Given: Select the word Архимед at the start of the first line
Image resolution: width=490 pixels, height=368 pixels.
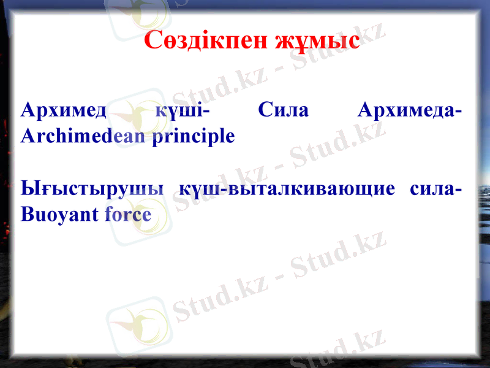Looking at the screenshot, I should coord(64,111).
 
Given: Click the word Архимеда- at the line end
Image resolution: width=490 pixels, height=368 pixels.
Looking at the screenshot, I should coord(410,111).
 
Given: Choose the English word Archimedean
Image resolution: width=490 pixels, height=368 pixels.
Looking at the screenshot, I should coord(82,136).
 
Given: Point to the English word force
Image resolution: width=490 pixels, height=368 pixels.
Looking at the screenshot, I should coord(128,215).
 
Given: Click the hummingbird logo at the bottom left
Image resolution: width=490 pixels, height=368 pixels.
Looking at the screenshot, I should coord(136,325).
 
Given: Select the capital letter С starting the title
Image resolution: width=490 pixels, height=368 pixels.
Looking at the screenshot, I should coord(153,41).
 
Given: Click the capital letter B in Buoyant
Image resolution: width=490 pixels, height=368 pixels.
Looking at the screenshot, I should coord(26,214).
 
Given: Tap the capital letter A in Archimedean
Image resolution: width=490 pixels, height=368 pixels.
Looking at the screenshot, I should coord(26,136).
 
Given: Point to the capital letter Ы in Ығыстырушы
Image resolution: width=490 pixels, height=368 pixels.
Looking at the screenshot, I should coord(28,188).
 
